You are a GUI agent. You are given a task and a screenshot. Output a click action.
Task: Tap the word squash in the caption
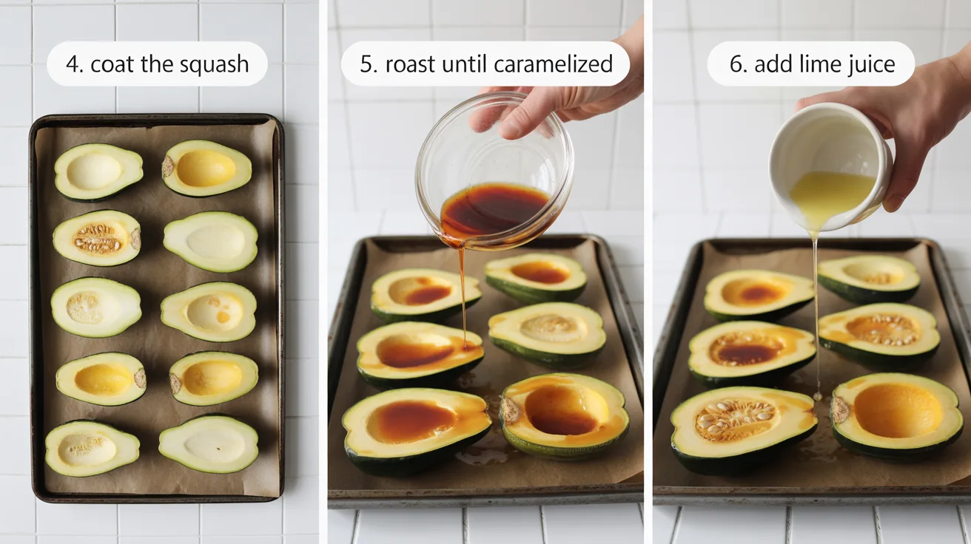tap(218, 65)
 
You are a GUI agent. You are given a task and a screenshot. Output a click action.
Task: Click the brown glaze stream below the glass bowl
tap(463, 296)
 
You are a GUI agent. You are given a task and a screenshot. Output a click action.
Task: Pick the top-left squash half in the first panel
tap(98, 171)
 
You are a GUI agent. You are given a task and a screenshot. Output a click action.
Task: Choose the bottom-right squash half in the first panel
tap(209, 443)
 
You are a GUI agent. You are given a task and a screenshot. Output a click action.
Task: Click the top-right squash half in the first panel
tap(207, 169)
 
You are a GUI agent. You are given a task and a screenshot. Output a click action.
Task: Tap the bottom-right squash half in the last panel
tap(897, 414)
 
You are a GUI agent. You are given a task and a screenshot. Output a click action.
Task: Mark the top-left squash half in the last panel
tap(759, 293)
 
